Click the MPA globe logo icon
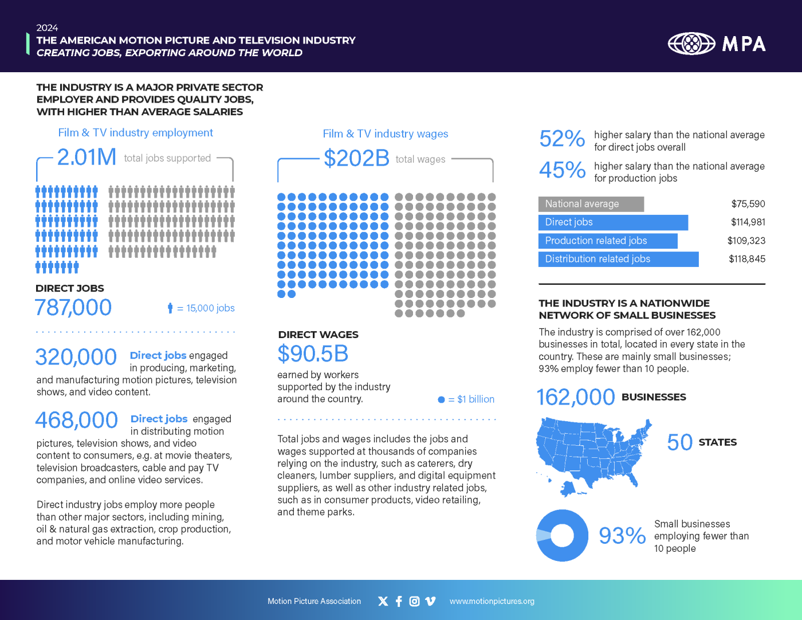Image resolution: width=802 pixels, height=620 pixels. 691,44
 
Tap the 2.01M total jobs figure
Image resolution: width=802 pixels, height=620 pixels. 87,157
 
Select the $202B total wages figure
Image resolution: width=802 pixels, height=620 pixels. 356,158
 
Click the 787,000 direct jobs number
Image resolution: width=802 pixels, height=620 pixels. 73,308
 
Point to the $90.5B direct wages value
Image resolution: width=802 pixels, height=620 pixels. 313,354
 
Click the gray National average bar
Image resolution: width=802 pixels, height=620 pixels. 591,204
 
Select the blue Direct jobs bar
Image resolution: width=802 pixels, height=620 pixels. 612,222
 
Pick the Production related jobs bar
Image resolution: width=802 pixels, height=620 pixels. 607,241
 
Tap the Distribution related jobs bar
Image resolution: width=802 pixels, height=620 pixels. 618,259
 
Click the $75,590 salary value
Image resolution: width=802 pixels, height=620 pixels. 748,204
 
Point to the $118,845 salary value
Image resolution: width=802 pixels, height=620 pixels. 746,259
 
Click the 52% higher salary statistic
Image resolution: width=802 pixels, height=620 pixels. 562,139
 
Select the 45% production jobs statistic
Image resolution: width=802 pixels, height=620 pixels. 562,170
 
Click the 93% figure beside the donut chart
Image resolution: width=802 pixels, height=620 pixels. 622,536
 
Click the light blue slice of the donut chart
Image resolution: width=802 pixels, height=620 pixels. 542,536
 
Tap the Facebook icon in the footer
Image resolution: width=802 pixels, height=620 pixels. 399,601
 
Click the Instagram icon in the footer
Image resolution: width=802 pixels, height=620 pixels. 414,601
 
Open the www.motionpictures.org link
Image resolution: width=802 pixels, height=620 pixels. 492,601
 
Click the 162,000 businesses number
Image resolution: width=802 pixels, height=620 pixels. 575,397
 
